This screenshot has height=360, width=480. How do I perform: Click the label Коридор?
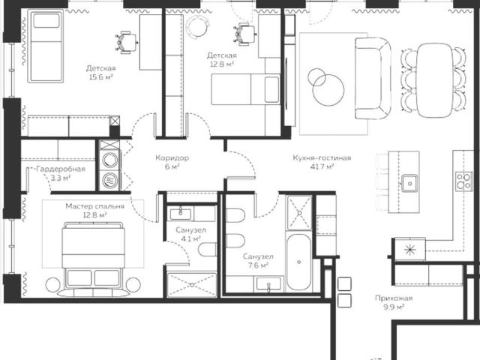pos(172,158)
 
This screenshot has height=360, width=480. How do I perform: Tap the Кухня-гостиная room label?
pos(322,158)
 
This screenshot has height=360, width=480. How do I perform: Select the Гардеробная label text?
pos(61,169)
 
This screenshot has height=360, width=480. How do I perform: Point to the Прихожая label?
pos(394,298)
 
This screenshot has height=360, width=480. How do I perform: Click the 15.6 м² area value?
pos(101,77)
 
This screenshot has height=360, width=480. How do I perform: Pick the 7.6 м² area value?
pos(259,265)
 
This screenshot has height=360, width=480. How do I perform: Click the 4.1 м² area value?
pos(190,238)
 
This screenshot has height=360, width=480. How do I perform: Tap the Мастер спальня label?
pos(95,206)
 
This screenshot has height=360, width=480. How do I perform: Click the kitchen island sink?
pos(409,183)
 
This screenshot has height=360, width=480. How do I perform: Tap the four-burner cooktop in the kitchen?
pos(463,181)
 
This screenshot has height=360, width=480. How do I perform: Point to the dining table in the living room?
pos(434,80)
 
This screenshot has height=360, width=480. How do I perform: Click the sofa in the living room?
pos(373,78)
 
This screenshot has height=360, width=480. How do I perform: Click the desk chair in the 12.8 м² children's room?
pos(245,34)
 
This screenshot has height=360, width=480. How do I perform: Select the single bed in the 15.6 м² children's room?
pos(46,46)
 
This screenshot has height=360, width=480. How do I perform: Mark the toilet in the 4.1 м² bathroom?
pos(208,250)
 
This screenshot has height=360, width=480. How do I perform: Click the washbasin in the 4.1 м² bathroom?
pos(181,214)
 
